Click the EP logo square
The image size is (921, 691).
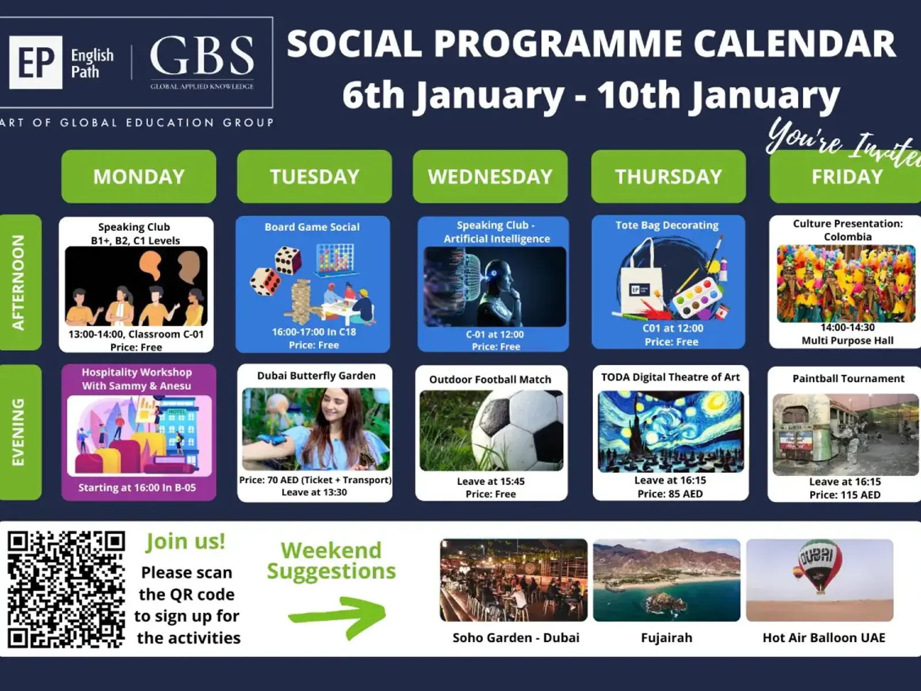[36, 62]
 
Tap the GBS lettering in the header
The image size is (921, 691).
[202, 56]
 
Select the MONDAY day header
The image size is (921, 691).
[139, 176]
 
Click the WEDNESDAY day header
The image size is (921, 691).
[490, 176]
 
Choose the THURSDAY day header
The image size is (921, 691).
[668, 176]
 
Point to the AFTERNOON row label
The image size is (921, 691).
[18, 282]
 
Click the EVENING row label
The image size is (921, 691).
[18, 432]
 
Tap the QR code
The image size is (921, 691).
[66, 589]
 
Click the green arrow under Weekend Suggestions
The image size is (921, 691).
[337, 617]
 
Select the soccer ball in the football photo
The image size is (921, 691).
[517, 431]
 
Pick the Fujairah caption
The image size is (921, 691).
[667, 637]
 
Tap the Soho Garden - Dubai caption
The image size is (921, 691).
[516, 637]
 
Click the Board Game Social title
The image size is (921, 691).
[312, 227]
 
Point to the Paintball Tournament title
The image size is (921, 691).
[848, 378]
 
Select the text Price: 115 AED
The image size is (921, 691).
[844, 495]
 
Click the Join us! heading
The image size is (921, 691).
[185, 542]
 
